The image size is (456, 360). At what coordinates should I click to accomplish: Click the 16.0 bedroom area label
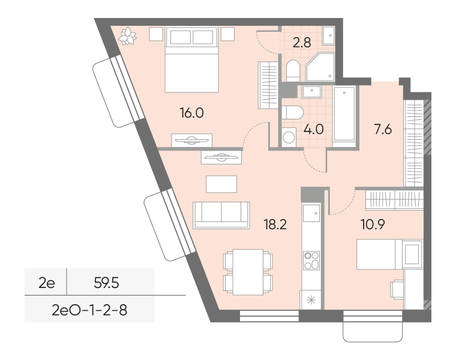(x=192, y=113)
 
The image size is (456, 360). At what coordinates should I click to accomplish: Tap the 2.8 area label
(x=302, y=43)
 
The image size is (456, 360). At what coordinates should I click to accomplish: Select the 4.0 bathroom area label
(x=313, y=129)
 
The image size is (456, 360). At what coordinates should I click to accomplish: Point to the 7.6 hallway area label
(x=383, y=129)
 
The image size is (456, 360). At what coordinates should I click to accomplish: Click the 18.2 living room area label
(x=275, y=224)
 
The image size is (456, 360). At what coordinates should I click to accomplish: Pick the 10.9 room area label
(x=373, y=224)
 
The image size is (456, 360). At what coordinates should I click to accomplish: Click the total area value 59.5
(x=106, y=283)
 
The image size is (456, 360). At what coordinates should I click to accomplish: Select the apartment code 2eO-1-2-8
(x=89, y=310)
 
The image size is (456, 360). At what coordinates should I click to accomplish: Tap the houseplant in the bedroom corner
(x=127, y=36)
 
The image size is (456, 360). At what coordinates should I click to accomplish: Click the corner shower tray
(x=320, y=67)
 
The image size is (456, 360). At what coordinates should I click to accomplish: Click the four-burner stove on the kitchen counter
(x=311, y=261)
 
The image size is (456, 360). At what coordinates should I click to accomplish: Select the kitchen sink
(x=311, y=213)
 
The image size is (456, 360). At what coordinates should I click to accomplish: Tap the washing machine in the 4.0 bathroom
(x=289, y=137)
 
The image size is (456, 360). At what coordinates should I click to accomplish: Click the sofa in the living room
(x=221, y=215)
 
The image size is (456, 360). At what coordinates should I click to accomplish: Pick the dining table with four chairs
(x=248, y=272)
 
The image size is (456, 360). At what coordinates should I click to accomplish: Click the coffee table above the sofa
(x=221, y=184)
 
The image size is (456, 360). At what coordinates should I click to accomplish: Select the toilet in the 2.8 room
(x=293, y=71)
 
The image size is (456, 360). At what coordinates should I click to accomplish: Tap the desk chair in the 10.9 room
(x=397, y=289)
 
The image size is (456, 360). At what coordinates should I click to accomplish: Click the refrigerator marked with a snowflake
(x=311, y=299)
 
